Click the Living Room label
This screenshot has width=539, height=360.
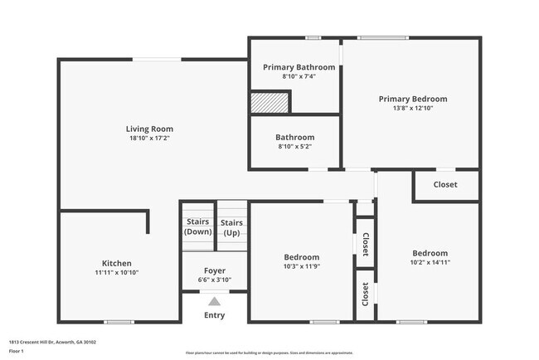tap(149, 129)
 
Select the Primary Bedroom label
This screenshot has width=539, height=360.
tap(413, 99)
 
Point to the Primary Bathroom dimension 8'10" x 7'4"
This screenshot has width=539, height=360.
tap(299, 77)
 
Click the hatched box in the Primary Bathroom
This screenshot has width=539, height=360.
tap(269, 102)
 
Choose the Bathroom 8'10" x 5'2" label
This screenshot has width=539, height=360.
tap(295, 137)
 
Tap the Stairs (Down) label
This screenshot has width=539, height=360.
tap(197, 227)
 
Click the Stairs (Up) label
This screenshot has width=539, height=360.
tap(232, 227)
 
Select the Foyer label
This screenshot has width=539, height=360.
tap(215, 270)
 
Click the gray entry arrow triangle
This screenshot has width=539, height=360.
tap(215, 302)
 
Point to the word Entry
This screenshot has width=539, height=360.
tap(215, 315)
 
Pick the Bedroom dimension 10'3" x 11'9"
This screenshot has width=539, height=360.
tap(302, 267)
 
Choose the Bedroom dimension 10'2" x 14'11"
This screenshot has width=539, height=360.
tap(430, 263)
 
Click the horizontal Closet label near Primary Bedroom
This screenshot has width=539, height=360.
tap(445, 184)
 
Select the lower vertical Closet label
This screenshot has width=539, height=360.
tap(366, 294)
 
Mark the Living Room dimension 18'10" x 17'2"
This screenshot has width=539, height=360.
tap(149, 139)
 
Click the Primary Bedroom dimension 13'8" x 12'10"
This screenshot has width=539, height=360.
tap(413, 109)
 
